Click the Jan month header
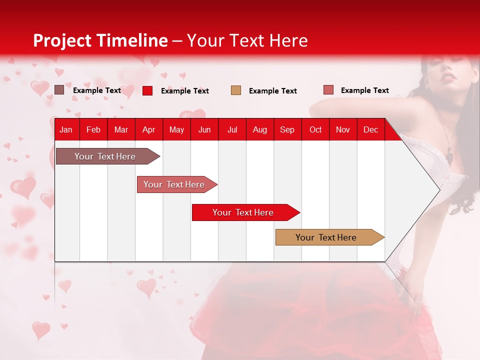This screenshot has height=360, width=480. coord(66,130)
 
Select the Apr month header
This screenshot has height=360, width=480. coord(148,130)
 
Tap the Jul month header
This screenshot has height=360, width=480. coord(232,130)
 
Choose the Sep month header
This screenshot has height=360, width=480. coord(287,130)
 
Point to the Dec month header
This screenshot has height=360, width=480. coord(370,130)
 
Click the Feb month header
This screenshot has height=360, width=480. coord(93,130)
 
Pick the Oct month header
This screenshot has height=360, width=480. coord(315,130)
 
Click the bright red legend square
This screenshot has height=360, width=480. coord(147,90)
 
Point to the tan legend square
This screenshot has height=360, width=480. coord(236,90)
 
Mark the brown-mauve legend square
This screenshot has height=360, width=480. coord(59,90)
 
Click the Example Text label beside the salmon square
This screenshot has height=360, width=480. coord(364,90)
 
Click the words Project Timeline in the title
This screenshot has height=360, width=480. coord(100,40)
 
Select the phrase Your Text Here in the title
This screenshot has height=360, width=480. coord(247,40)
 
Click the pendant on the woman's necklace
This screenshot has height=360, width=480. coord(449,157)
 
